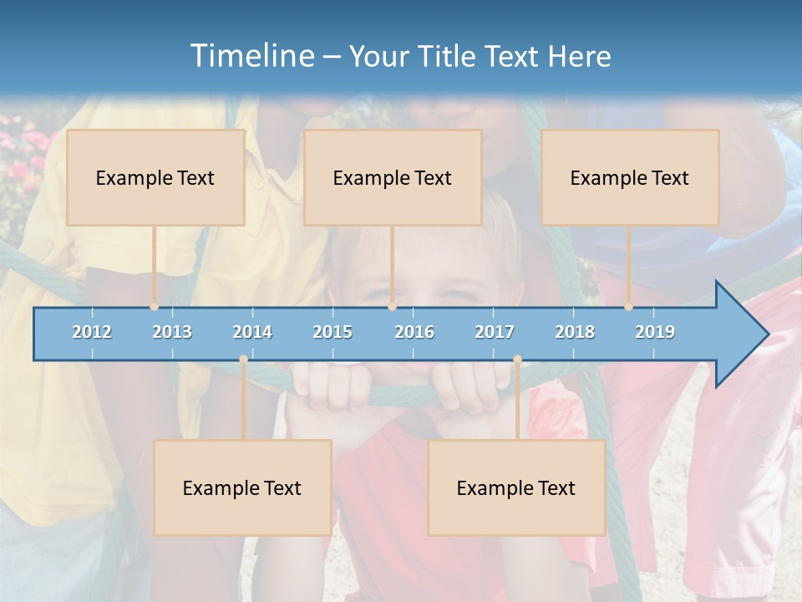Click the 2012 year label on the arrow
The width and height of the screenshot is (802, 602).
point(92,332)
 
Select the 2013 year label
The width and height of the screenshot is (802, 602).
point(172,332)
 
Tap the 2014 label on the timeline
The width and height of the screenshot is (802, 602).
point(252,332)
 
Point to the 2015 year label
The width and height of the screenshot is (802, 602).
point(332,332)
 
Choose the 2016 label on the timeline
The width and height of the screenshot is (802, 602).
point(414,332)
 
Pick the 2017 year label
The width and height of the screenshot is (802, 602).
point(495,332)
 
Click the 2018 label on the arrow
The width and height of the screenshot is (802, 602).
point(575,332)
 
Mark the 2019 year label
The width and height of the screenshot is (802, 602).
point(655,332)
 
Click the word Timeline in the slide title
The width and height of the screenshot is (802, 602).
point(250,56)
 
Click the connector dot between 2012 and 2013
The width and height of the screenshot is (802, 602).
point(154,307)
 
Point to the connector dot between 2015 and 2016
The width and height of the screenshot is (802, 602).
point(392,307)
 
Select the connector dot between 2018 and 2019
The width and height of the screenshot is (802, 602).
point(628,307)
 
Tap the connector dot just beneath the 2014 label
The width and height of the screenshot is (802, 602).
point(243,360)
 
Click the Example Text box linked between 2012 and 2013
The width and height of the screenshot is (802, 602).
point(155,177)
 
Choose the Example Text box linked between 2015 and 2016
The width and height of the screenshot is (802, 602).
point(393,177)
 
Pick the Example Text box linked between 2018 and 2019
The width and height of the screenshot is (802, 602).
point(630,177)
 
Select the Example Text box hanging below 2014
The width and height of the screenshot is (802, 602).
point(242,487)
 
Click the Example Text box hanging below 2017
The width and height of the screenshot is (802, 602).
point(516,487)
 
